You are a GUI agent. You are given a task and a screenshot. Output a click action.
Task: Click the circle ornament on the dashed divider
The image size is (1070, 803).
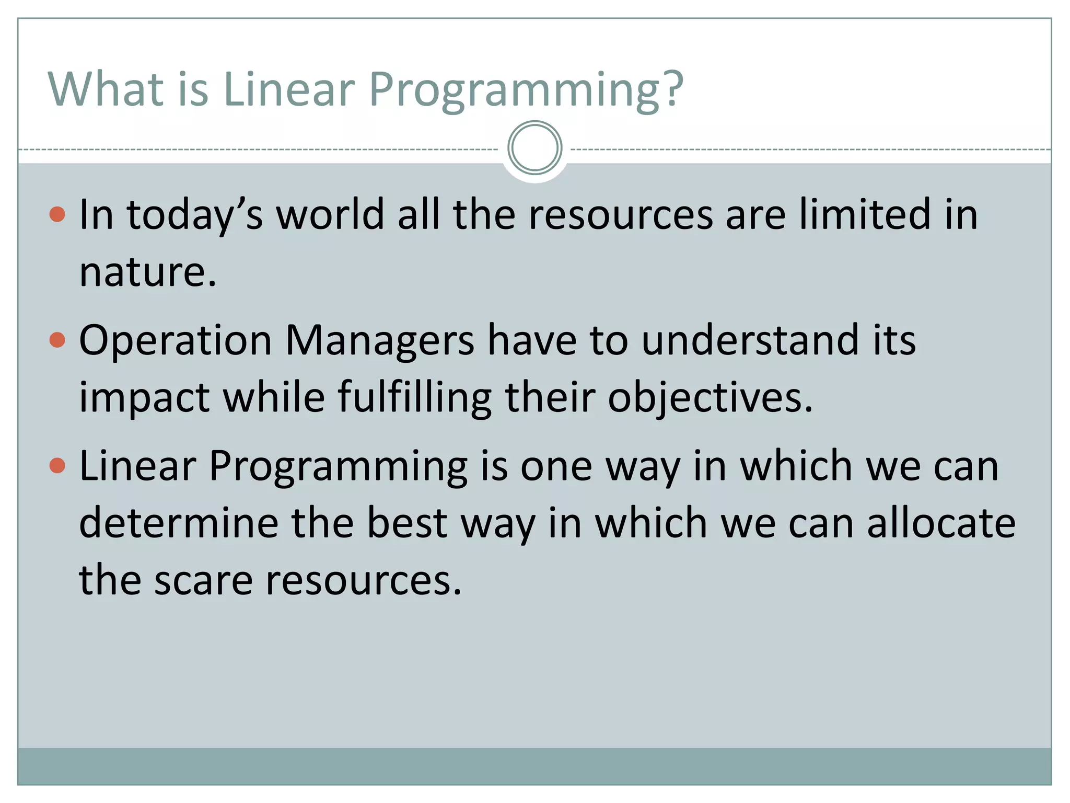tap(534, 148)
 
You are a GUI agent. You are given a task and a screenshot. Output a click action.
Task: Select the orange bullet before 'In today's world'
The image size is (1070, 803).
tap(57, 214)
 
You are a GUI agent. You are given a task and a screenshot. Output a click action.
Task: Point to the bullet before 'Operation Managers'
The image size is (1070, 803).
tap(57, 340)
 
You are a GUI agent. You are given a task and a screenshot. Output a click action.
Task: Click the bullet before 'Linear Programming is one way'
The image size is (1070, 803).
tap(57, 465)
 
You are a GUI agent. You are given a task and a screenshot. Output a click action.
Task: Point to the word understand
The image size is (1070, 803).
tap(750, 340)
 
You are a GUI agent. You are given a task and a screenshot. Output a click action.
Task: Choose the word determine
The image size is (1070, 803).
tap(179, 523)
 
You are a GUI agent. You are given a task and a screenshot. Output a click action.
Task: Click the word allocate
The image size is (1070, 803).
tap(941, 523)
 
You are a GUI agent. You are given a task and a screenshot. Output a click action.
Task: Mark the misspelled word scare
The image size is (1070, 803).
tap(203, 581)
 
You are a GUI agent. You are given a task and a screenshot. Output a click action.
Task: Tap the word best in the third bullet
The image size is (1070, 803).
tap(407, 523)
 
